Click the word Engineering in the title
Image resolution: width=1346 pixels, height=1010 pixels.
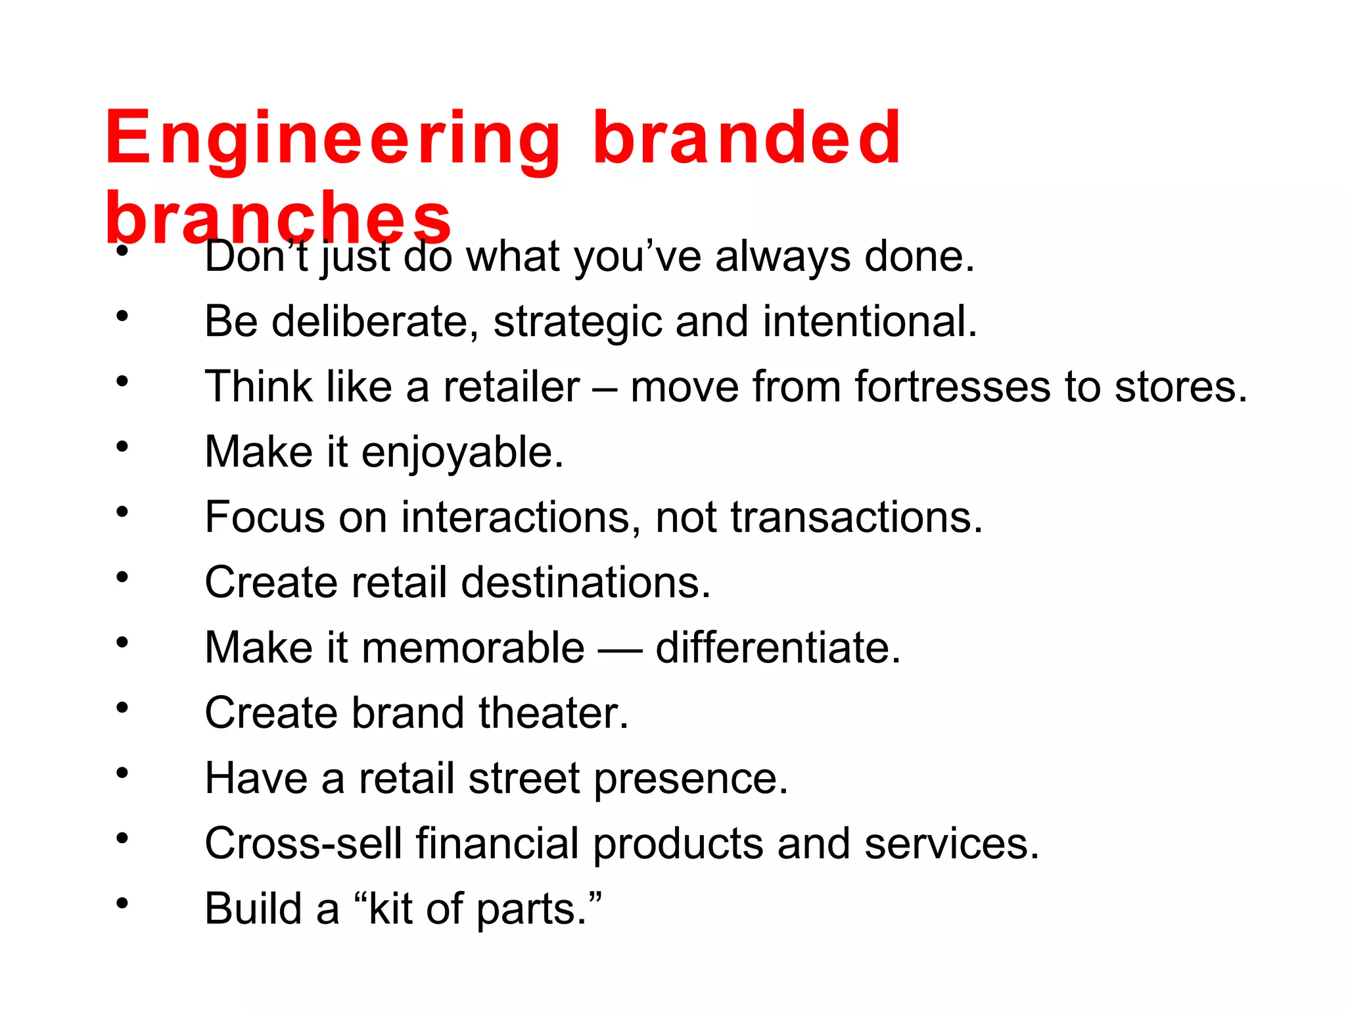tap(332, 139)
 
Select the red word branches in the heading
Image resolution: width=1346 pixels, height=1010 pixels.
tap(279, 217)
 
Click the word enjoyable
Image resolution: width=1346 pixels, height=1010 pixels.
tap(462, 453)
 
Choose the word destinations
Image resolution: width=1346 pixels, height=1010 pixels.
tap(586, 583)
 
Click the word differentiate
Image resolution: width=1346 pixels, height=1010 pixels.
tap(777, 648)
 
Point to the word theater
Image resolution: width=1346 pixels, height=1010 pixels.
tap(553, 713)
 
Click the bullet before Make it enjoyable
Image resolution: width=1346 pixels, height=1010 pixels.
tap(122, 447)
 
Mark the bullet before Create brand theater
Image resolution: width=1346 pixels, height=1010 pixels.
tap(122, 708)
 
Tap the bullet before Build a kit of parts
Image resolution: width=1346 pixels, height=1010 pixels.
tap(122, 903)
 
